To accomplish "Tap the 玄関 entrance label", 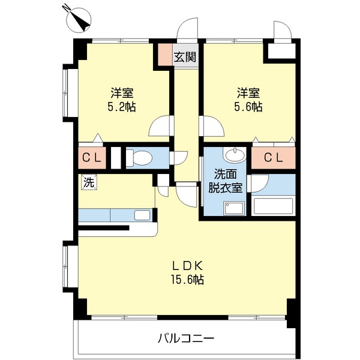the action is pyautogui.click(x=185, y=57).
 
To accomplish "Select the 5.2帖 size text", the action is pyautogui.click(x=122, y=107).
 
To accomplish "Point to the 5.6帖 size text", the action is pyautogui.click(x=248, y=107).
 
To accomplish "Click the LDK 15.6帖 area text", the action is pyautogui.click(x=187, y=273).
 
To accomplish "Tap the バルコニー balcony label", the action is pyautogui.click(x=186, y=338).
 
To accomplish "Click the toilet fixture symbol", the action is pyautogui.click(x=139, y=158).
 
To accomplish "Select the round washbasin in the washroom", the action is pyautogui.click(x=235, y=155).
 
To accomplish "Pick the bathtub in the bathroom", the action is pyautogui.click(x=273, y=206).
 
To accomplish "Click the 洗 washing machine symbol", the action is pyautogui.click(x=89, y=182).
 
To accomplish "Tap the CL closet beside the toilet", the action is pyautogui.click(x=92, y=157).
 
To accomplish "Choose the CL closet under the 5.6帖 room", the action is pyautogui.click(x=273, y=157).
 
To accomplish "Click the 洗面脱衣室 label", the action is pyautogui.click(x=225, y=181).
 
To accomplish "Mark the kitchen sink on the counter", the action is pyautogui.click(x=142, y=215).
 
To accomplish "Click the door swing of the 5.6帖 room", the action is pyautogui.click(x=212, y=126).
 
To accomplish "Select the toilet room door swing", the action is pyautogui.click(x=179, y=158).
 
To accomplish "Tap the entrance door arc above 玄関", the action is pyautogui.click(x=187, y=29).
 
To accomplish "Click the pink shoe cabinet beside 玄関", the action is pyautogui.click(x=166, y=55).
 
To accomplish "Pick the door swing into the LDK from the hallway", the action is pyautogui.click(x=187, y=195).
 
